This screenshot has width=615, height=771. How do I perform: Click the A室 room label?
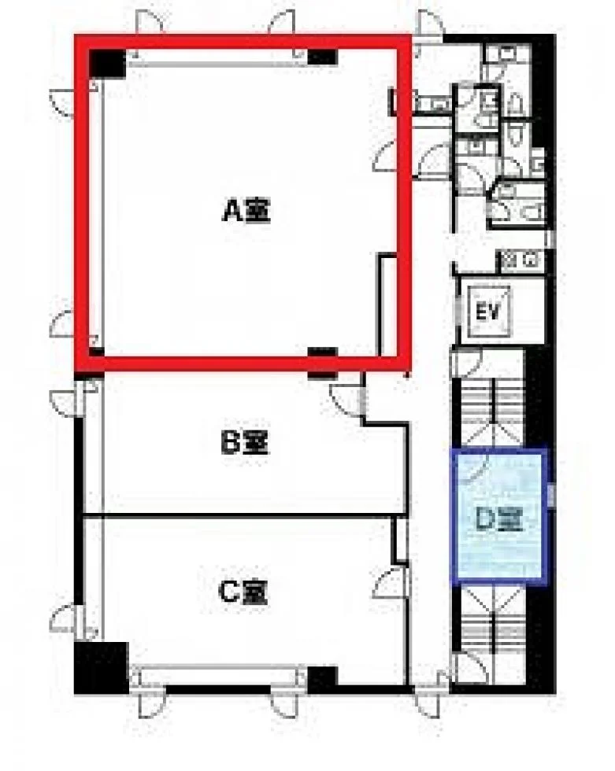pyautogui.click(x=247, y=211)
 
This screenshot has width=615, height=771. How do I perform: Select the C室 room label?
pyautogui.click(x=243, y=592)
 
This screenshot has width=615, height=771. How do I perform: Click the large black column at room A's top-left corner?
pyautogui.click(x=108, y=64)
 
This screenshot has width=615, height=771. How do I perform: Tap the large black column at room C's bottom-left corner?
pyautogui.click(x=102, y=668)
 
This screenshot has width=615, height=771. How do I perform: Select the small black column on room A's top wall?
pyautogui.click(x=322, y=57)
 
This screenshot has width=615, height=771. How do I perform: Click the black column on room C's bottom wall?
pyautogui.click(x=322, y=677)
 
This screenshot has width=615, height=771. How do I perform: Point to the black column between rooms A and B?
pyautogui.click(x=322, y=363)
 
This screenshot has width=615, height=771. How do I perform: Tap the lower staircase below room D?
pyautogui.click(x=492, y=617)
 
